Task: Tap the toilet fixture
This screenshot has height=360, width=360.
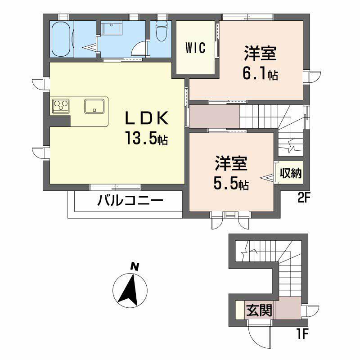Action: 161,31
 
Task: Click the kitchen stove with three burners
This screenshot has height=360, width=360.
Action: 61,106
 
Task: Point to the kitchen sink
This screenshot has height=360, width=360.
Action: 94,106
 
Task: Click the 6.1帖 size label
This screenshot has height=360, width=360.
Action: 260,74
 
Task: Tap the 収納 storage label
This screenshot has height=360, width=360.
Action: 290,172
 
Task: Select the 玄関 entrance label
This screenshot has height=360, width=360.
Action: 259,310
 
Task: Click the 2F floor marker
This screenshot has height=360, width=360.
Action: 304,198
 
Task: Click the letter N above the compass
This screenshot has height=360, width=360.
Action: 134,266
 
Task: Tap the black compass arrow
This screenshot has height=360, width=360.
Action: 130,289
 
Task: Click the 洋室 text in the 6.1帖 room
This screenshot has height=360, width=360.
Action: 260,54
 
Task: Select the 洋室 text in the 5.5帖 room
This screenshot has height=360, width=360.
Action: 231,164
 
